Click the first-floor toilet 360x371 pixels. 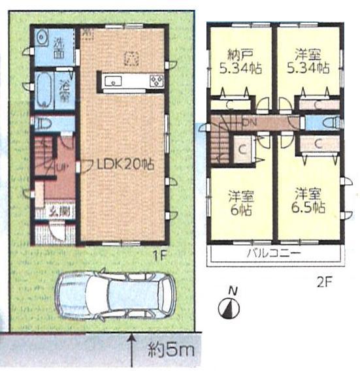41,122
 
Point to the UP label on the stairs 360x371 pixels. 60,167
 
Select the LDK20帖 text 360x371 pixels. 127,165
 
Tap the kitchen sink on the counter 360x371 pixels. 112,82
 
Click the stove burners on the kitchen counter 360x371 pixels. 157,81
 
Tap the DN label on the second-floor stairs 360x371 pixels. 250,122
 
